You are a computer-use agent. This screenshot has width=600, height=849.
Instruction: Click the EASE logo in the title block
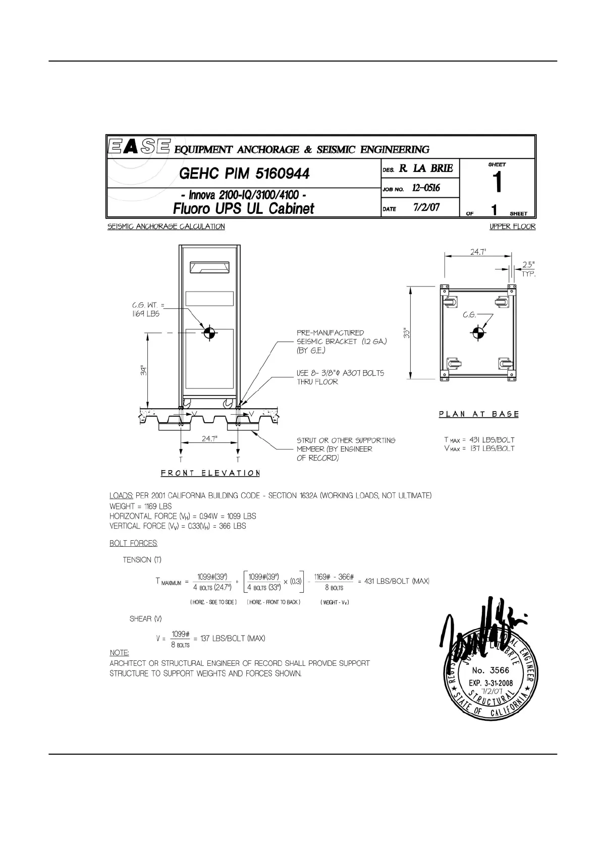[139, 147]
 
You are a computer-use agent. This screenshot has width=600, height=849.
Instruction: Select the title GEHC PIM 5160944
[244, 174]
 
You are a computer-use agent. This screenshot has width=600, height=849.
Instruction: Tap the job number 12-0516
[426, 188]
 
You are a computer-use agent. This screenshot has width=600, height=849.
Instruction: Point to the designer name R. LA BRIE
[426, 168]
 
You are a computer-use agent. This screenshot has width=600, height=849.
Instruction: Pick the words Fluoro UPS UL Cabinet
[243, 208]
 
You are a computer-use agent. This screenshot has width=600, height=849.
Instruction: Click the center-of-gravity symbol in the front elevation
[209, 332]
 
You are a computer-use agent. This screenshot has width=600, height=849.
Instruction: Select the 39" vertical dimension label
[144, 371]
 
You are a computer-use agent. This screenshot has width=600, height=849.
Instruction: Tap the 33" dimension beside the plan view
[407, 333]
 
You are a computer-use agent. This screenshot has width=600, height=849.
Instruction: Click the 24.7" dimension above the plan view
[478, 252]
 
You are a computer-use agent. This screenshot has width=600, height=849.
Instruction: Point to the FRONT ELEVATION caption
[210, 473]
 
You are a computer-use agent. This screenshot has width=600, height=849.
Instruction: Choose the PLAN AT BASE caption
[478, 414]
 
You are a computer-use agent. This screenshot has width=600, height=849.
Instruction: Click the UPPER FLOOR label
[512, 227]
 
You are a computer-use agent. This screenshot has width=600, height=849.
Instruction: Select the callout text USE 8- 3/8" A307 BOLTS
[340, 373]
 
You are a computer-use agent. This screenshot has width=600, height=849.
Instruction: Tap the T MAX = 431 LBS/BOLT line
[479, 439]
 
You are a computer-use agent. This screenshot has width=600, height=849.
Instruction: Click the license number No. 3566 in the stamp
[490, 670]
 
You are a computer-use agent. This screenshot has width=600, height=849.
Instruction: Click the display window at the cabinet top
[209, 266]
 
